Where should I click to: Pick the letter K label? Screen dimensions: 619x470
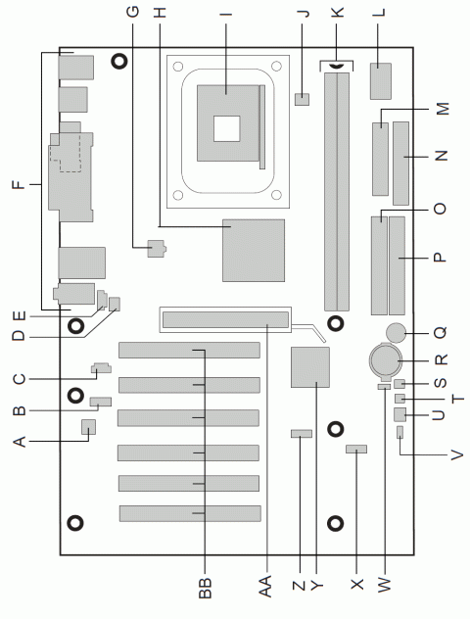[x=338, y=15]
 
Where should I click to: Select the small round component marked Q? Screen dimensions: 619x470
[x=397, y=330]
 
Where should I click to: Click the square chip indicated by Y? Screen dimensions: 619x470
[x=311, y=366]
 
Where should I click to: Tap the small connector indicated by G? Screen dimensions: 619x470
[x=154, y=247]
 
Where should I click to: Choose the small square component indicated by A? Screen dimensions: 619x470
[x=88, y=425]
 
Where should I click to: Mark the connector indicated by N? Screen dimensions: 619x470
[x=400, y=156]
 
